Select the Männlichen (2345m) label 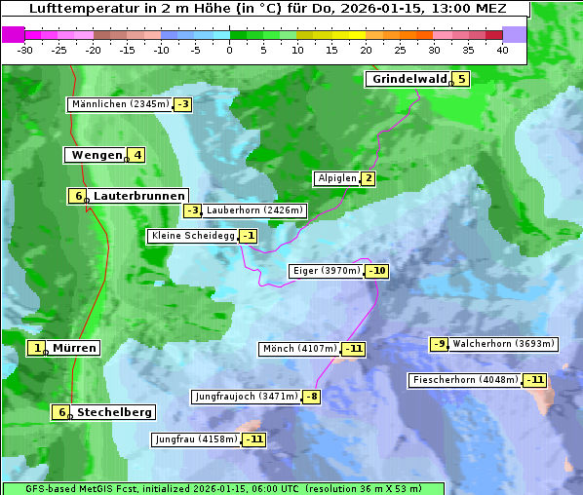pyautogui.click(x=120, y=104)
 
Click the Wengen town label pyautogui.click(x=97, y=155)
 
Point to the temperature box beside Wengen pyautogui.click(x=137, y=155)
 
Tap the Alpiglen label pyautogui.click(x=336, y=178)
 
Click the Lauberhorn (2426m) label pyautogui.click(x=255, y=209)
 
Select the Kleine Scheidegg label pyautogui.click(x=190, y=236)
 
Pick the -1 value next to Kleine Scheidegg pyautogui.click(x=249, y=236)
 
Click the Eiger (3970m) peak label pyautogui.click(x=327, y=271)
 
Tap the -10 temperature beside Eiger pyautogui.click(x=376, y=271)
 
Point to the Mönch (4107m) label pyautogui.click(x=299, y=349)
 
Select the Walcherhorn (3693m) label pyautogui.click(x=504, y=344)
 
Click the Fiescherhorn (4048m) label pyautogui.click(x=465, y=380)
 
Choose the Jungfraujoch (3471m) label pyautogui.click(x=246, y=397)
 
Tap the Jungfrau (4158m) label pyautogui.click(x=196, y=439)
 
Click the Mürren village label pyautogui.click(x=74, y=348)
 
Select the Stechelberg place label pyautogui.click(x=114, y=412)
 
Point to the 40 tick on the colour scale pyautogui.click(x=502, y=49)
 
